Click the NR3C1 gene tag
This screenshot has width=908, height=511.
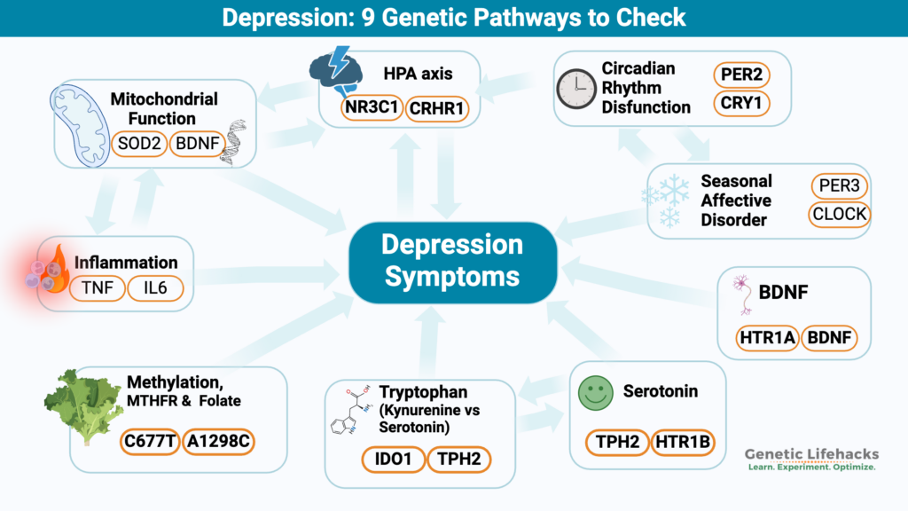pos(370,109)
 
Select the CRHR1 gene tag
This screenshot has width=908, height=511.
pos(437,109)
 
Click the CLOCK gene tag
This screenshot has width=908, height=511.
pos(839,215)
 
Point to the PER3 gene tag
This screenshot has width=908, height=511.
pos(839,186)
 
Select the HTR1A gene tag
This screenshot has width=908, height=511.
pos(768,337)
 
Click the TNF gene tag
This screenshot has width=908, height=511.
pos(93,288)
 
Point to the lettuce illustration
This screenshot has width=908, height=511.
pos(84,406)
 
